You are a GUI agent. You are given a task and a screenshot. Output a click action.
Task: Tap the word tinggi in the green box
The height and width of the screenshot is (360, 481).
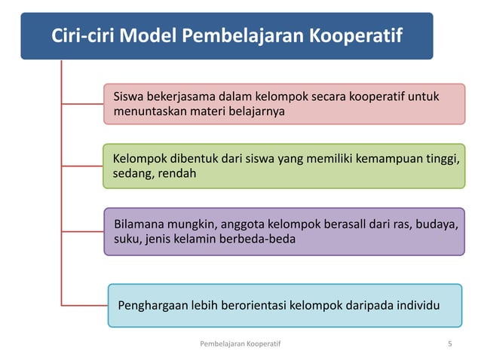pyautogui.click(x=443, y=159)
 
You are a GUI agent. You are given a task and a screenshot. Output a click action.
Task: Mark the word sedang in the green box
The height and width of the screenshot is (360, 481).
pyautogui.click(x=131, y=174)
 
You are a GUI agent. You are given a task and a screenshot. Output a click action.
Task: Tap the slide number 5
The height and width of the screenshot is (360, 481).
pyautogui.click(x=449, y=344)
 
